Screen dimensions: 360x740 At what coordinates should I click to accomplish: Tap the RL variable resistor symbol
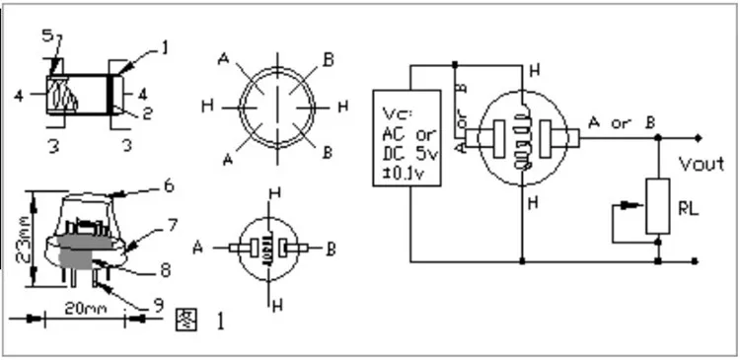(658, 206)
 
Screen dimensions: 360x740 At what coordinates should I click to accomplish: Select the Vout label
(702, 164)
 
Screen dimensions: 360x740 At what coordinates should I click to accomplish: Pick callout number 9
(157, 306)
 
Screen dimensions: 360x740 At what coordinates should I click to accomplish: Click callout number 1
(165, 45)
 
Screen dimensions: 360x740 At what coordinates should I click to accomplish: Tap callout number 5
(47, 36)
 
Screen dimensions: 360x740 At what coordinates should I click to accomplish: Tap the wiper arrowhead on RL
(619, 207)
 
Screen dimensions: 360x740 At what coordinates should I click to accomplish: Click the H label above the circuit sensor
(534, 70)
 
